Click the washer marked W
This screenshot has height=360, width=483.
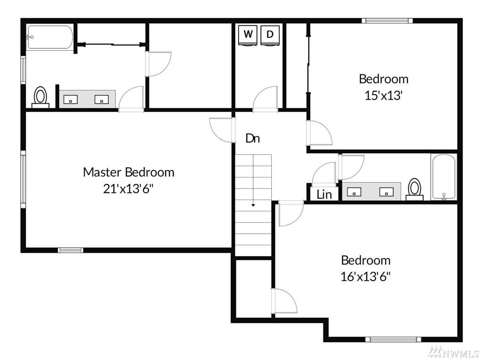(248, 35)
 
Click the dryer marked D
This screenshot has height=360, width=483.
(270, 35)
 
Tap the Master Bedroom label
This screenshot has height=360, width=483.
(129, 172)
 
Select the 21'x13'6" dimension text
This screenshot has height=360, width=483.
(128, 189)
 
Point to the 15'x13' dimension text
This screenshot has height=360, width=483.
(384, 96)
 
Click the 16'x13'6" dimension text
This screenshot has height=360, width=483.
(365, 277)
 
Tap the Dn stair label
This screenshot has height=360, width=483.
(253, 138)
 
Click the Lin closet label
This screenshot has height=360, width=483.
(324, 194)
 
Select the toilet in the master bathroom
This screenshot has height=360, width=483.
(40, 97)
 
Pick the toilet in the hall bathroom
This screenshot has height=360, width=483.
(415, 189)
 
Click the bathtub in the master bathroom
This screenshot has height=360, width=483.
(50, 37)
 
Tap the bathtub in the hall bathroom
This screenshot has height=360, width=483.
(443, 177)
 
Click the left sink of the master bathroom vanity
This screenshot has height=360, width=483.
(71, 99)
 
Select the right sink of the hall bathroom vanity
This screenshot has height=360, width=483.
(386, 192)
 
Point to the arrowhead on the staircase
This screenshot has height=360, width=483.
(253, 205)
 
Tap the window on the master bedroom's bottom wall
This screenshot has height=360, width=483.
(71, 250)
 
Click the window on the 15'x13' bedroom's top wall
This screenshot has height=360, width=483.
(387, 21)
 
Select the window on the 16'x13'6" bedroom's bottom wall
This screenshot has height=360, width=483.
(393, 339)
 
